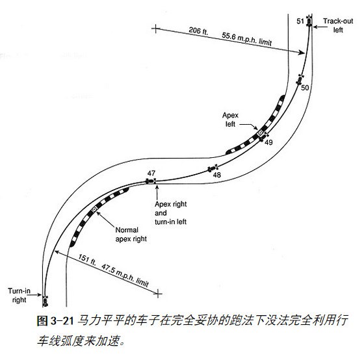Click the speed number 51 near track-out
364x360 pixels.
pyautogui.click(x=300, y=21)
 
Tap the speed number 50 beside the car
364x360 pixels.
pyautogui.click(x=305, y=88)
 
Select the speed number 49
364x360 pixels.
pyautogui.click(x=268, y=142)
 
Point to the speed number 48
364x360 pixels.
pyautogui.click(x=217, y=175)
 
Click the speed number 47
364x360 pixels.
pyautogui.click(x=151, y=173)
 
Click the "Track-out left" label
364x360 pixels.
pyautogui.click(x=338, y=25)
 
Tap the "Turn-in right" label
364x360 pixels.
pyautogui.click(x=19, y=295)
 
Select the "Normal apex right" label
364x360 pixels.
pyautogui.click(x=131, y=235)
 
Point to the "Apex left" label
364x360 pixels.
pyautogui.click(x=230, y=120)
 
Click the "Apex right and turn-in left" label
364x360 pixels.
pyautogui.click(x=170, y=213)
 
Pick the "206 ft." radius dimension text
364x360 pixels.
pyautogui.click(x=198, y=31)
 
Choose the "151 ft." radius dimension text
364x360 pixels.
pyautogui.click(x=87, y=259)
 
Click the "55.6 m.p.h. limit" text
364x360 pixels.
pyautogui.click(x=246, y=39)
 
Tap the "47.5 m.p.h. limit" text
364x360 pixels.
pyautogui.click(x=125, y=276)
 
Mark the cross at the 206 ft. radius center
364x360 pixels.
pyautogui.click(x=156, y=29)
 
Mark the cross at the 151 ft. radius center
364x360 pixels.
pyautogui.click(x=158, y=293)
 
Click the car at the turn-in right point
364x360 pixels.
pyautogui.click(x=45, y=302)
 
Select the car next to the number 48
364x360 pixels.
pyautogui.click(x=213, y=168)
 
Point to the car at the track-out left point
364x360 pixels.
pyautogui.click(x=309, y=21)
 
